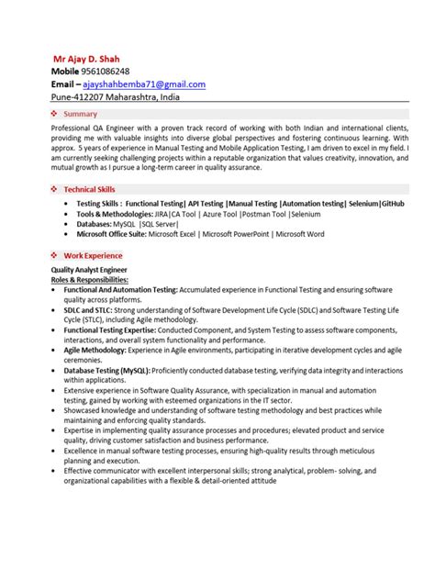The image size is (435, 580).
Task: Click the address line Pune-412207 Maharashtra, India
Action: pos(115,97)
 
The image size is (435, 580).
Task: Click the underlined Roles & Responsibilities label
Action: pos(90,280)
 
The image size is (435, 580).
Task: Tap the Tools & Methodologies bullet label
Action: pos(116,213)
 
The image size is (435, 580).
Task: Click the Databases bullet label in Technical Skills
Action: pos(96,223)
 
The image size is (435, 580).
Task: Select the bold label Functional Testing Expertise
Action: pos(116,328)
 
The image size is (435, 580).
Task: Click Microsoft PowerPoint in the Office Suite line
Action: pos(237,233)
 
